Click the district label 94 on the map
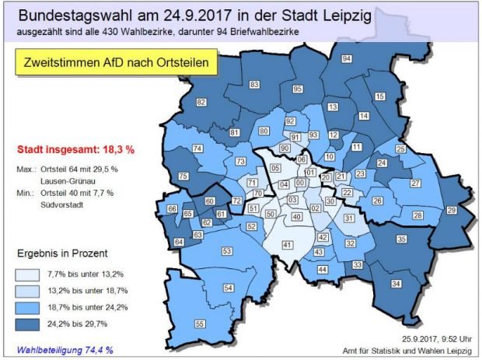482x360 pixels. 347,60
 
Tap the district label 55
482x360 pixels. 200,323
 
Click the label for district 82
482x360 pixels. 201,103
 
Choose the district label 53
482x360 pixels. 228,251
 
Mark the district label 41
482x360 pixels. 287,246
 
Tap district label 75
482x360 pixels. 183,177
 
